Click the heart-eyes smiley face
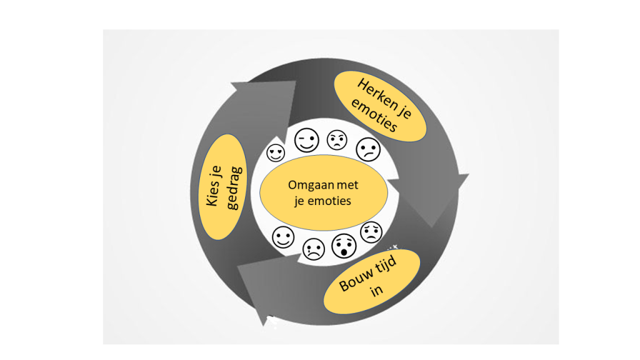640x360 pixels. coord(276,152)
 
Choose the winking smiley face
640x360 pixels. coord(306,141)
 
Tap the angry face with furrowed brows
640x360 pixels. coord(337,139)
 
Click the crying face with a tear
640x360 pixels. coord(313,249)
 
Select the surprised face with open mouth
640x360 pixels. coord(342,246)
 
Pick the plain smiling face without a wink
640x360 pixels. coord(283,237)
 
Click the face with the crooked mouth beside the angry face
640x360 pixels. coord(367,149)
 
